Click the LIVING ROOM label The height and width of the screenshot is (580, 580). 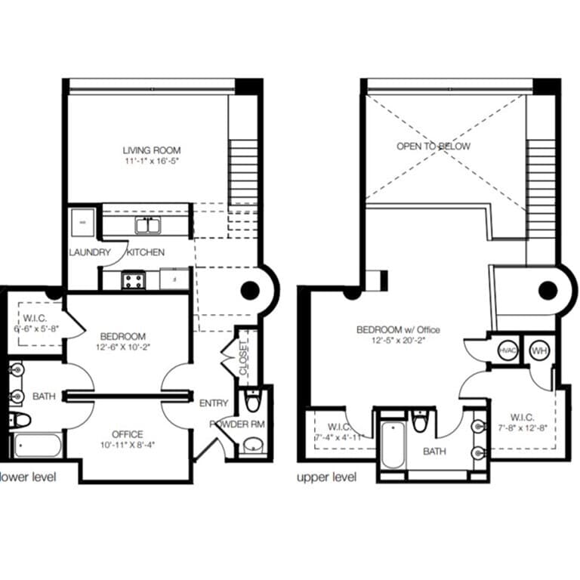click(152, 150)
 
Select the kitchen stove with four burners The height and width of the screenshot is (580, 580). click(134, 281)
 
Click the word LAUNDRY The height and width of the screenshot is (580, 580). click(90, 252)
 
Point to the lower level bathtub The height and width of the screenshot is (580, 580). click(35, 446)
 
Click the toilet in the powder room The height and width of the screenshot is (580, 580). click(252, 402)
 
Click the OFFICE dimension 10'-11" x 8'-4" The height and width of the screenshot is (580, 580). click(128, 445)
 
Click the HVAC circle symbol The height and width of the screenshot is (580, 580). click(505, 350)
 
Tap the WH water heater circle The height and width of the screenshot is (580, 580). click(538, 350)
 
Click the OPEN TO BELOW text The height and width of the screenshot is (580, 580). click(433, 146)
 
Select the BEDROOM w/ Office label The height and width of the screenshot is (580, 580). click(398, 330)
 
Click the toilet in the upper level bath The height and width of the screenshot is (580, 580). click(420, 421)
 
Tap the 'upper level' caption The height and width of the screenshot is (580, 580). click(327, 477)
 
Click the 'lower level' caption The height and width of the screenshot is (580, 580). click(27, 477)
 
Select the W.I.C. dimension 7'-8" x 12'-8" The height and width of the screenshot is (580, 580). click(522, 427)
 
